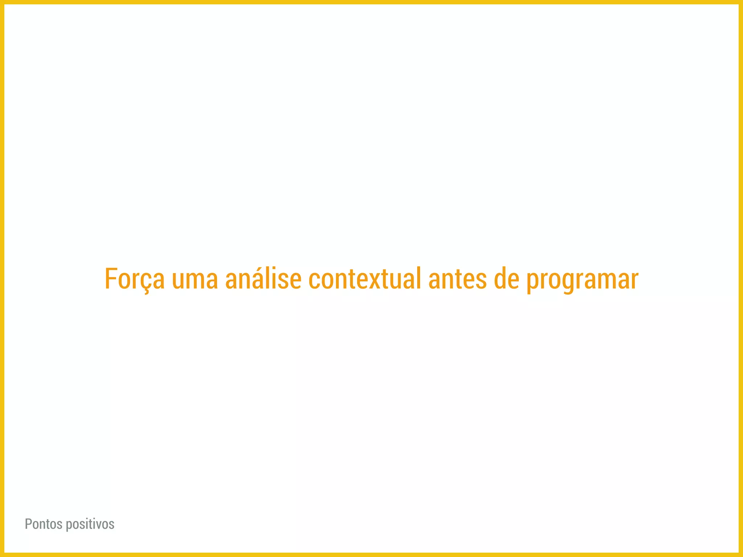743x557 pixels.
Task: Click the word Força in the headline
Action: point(135,279)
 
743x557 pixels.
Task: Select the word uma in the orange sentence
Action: point(195,280)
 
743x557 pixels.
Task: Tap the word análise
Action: point(263,279)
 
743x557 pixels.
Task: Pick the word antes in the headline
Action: point(457,280)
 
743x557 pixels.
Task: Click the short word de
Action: point(506,279)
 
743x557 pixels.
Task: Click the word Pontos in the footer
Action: point(44,524)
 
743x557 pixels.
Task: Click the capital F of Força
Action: point(111,279)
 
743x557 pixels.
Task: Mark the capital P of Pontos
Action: point(28,524)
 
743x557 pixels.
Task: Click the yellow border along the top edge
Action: point(371,2)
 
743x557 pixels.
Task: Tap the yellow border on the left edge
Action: point(2,278)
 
